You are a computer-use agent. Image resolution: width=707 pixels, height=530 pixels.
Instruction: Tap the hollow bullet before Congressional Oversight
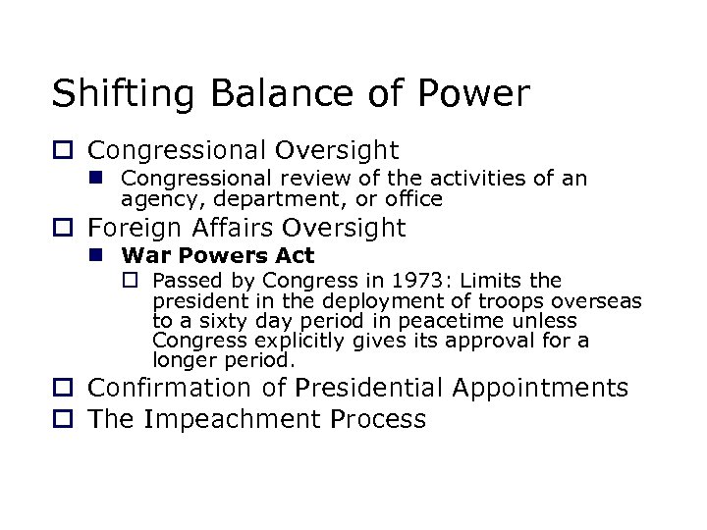[63, 151]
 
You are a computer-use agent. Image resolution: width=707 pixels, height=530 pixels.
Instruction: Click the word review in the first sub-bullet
[283, 180]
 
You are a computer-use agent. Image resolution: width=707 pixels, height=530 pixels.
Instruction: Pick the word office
[415, 198]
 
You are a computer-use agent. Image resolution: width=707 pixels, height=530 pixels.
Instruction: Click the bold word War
[142, 257]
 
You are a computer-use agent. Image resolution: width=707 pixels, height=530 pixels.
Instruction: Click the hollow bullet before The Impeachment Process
[63, 420]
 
